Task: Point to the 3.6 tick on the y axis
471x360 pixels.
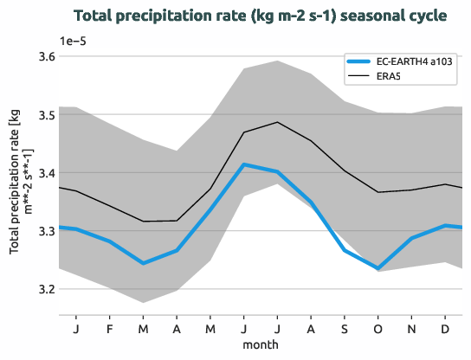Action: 45,56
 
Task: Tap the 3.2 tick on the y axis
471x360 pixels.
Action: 45,289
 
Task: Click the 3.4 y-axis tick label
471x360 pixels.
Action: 45,173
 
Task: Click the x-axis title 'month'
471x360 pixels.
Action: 261,344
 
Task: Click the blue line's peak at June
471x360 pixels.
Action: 244,164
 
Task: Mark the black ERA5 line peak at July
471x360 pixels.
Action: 277,122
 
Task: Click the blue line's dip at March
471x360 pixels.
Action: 143,263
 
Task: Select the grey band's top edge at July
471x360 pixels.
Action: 277,61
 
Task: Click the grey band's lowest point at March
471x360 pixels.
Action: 143,302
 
